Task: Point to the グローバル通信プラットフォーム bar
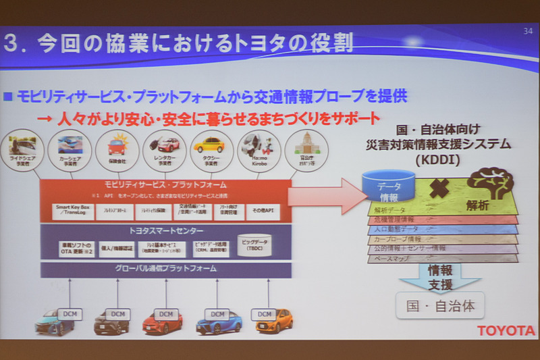click(x=166, y=269)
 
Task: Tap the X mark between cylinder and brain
click(x=439, y=189)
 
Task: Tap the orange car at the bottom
click(x=273, y=322)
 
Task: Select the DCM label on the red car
click(x=164, y=314)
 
